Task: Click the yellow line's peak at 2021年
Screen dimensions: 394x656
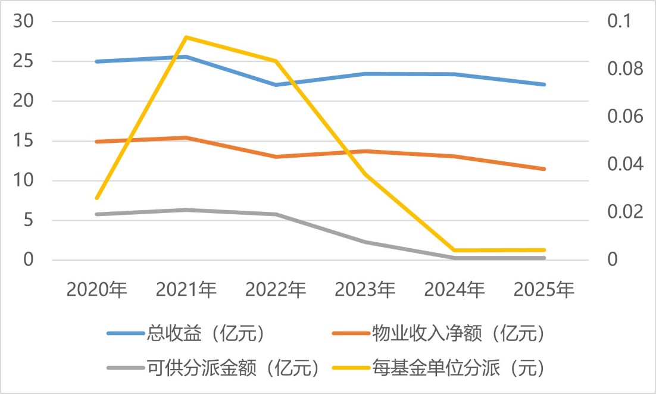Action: click(x=186, y=37)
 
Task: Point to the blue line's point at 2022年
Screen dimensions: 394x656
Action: click(x=276, y=85)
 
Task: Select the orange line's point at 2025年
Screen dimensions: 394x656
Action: click(x=544, y=169)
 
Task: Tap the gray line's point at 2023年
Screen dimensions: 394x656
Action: click(x=366, y=242)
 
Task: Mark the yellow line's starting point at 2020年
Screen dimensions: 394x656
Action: click(x=97, y=198)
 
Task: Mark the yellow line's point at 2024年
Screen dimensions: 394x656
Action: click(x=455, y=251)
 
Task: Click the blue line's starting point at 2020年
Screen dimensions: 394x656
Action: click(x=97, y=61)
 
